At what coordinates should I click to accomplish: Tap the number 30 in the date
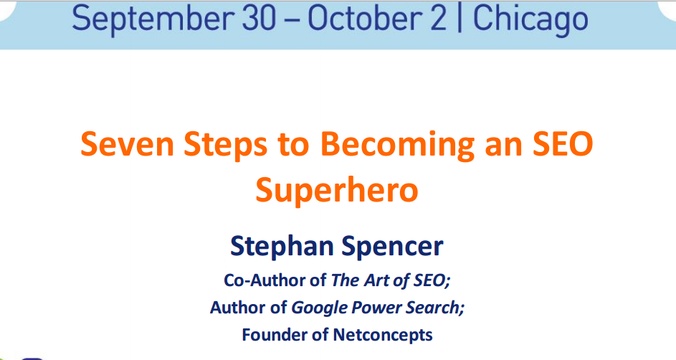point(259,18)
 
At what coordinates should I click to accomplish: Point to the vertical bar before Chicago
point(459,18)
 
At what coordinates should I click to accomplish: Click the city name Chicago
point(530,19)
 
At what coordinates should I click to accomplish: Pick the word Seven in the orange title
point(127,144)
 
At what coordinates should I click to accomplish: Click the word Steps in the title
point(225,146)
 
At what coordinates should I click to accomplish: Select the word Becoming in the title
point(397,146)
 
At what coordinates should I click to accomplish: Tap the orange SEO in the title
point(563,144)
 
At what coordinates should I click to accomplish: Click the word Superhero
point(337,191)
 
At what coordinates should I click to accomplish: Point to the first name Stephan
point(282,247)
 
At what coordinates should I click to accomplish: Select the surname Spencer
point(392,247)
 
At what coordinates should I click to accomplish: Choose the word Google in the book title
point(319,308)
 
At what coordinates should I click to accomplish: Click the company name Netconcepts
point(383,336)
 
